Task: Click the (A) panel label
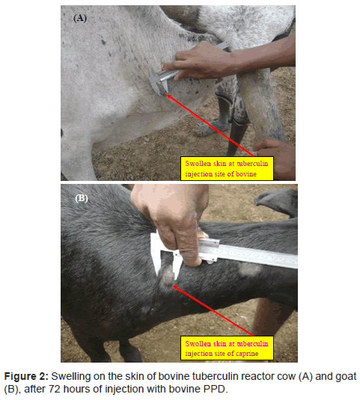[80, 18]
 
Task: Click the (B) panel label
[82, 198]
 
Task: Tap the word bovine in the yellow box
[246, 174]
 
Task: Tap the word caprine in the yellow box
[247, 354]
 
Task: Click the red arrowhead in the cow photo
[169, 96]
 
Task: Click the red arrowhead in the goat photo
[176, 288]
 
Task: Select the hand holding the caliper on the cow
[201, 60]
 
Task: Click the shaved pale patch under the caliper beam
[250, 268]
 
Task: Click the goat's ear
[277, 202]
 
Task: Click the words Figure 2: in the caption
[26, 376]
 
